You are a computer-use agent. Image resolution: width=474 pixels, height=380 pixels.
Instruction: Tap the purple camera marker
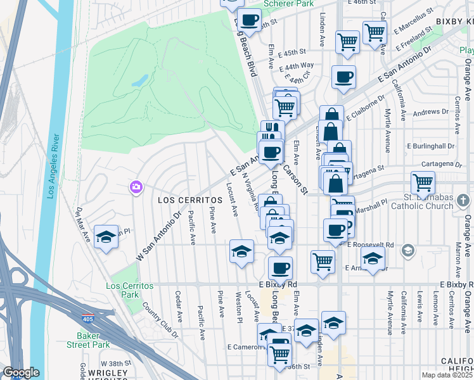click(x=136, y=187)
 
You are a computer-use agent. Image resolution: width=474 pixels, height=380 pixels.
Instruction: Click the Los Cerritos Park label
click(x=130, y=290)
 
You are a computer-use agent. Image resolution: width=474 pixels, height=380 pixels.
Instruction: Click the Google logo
click(x=21, y=372)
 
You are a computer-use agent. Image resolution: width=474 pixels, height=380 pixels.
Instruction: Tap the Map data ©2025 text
click(x=447, y=375)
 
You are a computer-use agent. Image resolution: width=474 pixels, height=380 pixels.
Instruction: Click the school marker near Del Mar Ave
click(x=106, y=237)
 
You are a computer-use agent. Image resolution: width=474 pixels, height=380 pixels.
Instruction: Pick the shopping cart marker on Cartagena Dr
click(x=423, y=182)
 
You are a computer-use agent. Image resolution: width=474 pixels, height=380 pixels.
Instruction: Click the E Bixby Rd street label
click(x=278, y=284)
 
